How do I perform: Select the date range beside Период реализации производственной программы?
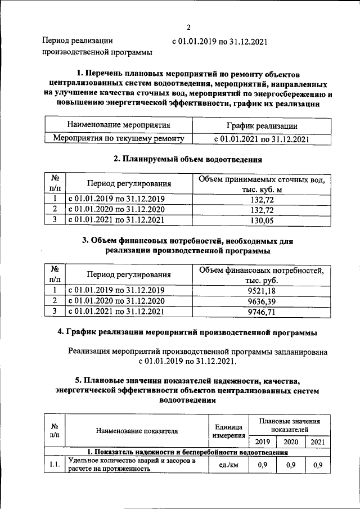click(219, 41)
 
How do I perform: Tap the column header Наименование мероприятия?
click(119, 125)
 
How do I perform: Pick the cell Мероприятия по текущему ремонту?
click(119, 138)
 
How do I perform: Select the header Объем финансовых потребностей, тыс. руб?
click(262, 275)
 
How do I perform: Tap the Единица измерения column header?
click(228, 431)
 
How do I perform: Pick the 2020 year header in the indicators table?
click(290, 442)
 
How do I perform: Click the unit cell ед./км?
click(228, 466)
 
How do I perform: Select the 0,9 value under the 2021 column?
click(317, 466)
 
